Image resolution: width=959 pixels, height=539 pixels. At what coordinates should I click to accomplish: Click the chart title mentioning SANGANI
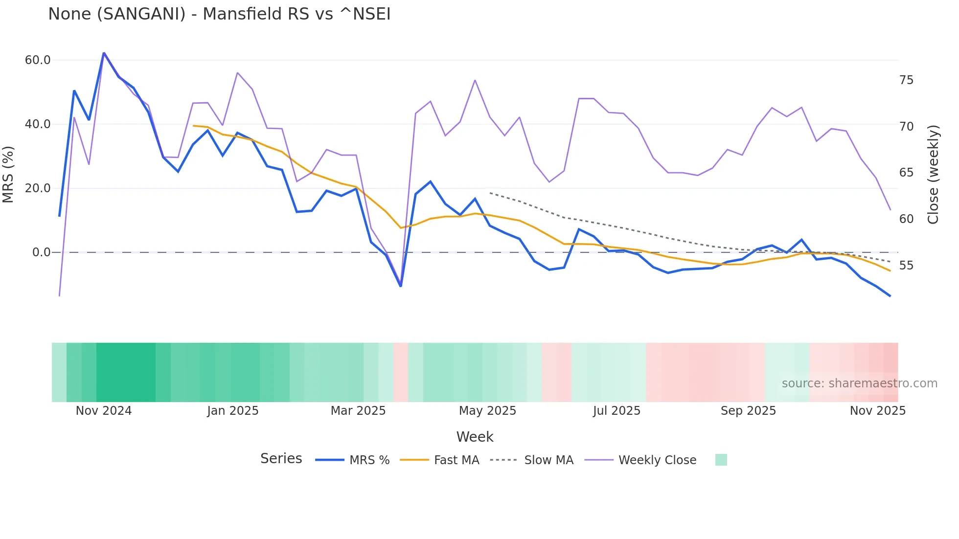pyautogui.click(x=219, y=14)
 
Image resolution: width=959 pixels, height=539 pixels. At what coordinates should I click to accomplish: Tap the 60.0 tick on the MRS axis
pyautogui.click(x=38, y=60)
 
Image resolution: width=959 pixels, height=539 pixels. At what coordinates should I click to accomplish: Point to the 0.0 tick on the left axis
pyautogui.click(x=41, y=252)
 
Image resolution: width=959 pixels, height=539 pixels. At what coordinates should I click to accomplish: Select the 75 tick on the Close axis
pyautogui.click(x=906, y=80)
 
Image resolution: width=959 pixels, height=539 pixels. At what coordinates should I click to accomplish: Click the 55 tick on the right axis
pyautogui.click(x=906, y=266)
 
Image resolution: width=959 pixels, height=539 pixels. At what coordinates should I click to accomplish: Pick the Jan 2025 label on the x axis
pyautogui.click(x=232, y=411)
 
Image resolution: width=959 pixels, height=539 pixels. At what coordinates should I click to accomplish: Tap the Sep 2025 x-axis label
pyautogui.click(x=748, y=411)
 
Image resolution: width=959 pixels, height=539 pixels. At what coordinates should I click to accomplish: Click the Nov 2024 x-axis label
pyautogui.click(x=104, y=411)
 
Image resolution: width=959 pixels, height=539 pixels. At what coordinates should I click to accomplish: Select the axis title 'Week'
pyautogui.click(x=475, y=437)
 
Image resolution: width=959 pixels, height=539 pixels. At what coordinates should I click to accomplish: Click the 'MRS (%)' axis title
pyautogui.click(x=8, y=174)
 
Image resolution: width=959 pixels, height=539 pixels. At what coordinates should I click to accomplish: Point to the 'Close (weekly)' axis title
pyautogui.click(x=933, y=175)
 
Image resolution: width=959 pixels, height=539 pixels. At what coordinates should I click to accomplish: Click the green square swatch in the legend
pyautogui.click(x=721, y=460)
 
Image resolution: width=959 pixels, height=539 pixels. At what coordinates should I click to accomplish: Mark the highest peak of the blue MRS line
pyautogui.click(x=104, y=53)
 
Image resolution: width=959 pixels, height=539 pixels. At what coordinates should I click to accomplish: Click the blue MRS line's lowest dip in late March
pyautogui.click(x=401, y=286)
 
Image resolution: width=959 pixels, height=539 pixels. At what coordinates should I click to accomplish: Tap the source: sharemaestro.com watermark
pyautogui.click(x=859, y=383)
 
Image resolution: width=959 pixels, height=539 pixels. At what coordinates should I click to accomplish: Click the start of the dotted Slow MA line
pyautogui.click(x=490, y=193)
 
